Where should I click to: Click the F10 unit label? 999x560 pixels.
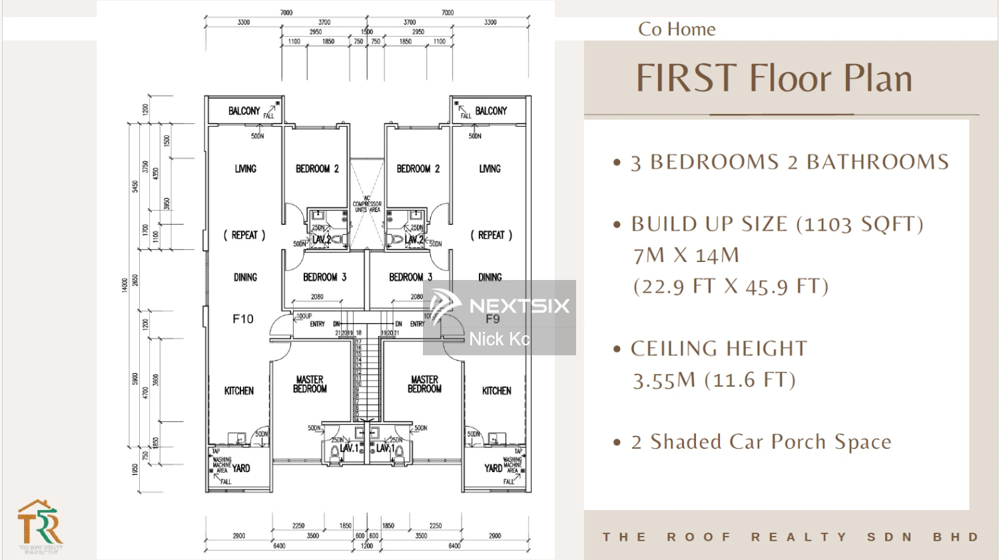[243, 319]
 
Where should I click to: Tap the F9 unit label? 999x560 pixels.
[492, 319]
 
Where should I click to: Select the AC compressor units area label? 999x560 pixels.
[367, 204]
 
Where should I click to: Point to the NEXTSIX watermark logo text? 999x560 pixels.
[519, 306]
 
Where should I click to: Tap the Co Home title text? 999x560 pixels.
[677, 29]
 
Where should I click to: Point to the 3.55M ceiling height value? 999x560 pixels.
[663, 381]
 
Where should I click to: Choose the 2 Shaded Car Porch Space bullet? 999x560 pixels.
[761, 442]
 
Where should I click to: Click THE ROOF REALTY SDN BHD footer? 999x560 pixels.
[791, 537]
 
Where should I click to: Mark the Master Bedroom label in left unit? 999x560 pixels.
[310, 385]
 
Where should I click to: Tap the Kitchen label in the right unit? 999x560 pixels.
[497, 391]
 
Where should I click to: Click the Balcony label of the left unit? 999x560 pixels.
[244, 111]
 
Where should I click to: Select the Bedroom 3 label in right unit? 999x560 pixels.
[410, 277]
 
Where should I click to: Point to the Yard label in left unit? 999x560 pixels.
[241, 468]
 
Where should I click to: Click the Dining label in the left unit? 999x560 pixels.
[245, 277]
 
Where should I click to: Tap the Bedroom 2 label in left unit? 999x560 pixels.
[317, 169]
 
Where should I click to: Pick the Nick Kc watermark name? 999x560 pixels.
[499, 339]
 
